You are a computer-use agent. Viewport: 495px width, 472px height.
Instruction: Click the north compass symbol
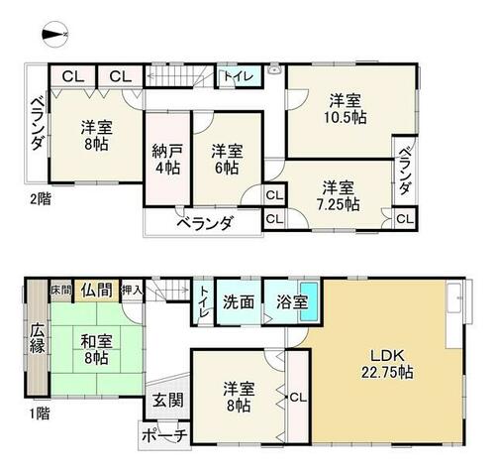[55, 34]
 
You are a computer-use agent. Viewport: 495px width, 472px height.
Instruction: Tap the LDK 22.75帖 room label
[387, 364]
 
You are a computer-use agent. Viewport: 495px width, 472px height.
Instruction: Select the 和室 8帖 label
[97, 350]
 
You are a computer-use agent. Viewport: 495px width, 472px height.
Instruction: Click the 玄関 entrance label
[167, 400]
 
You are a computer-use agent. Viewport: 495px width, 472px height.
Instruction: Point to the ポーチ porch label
[164, 436]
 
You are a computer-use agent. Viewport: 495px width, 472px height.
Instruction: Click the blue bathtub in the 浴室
[309, 301]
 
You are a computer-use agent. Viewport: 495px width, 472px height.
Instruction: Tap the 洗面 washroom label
[239, 301]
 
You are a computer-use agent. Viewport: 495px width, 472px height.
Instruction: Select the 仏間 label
[96, 291]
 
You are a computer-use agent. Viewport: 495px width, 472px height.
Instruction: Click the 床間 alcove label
[61, 291]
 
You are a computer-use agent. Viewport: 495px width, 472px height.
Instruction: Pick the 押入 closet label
[133, 291]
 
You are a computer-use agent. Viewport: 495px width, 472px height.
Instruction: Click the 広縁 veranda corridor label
[38, 339]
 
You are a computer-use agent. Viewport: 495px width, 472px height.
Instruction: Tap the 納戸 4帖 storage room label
[167, 160]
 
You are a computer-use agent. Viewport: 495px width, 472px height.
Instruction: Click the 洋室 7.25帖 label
[338, 196]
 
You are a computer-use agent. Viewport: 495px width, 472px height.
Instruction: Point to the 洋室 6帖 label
[227, 160]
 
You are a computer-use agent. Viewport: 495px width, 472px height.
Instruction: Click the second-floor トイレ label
[239, 76]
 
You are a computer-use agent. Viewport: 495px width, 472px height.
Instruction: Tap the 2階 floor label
[41, 199]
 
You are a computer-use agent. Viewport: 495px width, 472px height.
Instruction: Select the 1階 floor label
[40, 413]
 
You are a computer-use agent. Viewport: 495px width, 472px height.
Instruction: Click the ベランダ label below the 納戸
[205, 224]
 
